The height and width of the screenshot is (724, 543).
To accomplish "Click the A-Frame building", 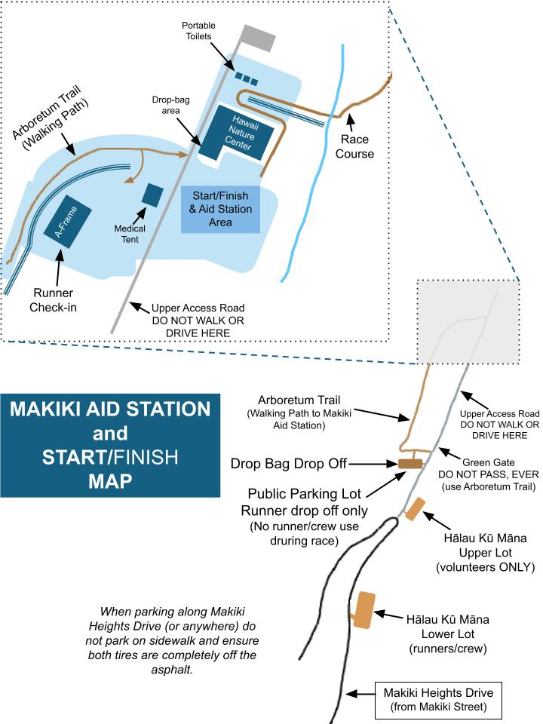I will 69,224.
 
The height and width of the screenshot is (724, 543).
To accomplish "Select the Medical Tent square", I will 152,194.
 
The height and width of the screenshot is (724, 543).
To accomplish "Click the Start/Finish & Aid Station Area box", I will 220,209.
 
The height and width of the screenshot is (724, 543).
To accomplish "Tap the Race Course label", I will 357,146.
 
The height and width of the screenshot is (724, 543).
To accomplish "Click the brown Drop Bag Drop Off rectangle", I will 410,463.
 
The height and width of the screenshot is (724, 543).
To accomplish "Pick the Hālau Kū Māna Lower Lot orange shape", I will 364,609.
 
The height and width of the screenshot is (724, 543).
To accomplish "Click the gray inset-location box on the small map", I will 468,319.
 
